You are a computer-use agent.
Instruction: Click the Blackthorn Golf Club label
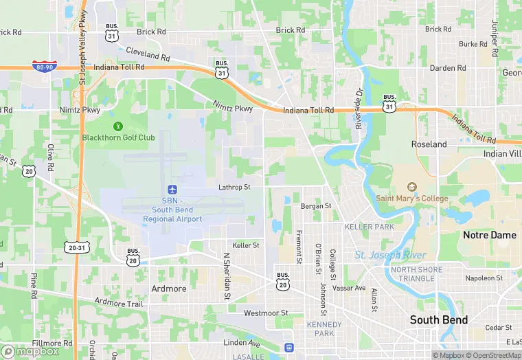pyautogui.click(x=118, y=137)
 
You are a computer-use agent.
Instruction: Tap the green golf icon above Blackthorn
pyautogui.click(x=118, y=126)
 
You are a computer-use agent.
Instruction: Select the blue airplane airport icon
pyautogui.click(x=172, y=189)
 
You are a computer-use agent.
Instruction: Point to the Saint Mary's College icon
pyautogui.click(x=412, y=187)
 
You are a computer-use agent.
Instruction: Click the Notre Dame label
pyautogui.click(x=490, y=235)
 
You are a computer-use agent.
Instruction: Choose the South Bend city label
pyautogui.click(x=439, y=319)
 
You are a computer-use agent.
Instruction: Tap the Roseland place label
pyautogui.click(x=429, y=144)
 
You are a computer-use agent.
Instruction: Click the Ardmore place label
pyautogui.click(x=169, y=289)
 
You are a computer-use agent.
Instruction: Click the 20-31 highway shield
pyautogui.click(x=77, y=247)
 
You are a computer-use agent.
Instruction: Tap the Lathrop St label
pyautogui.click(x=234, y=187)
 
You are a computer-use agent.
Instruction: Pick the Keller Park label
pyautogui.click(x=370, y=226)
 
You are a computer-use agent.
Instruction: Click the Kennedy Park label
pyautogui.click(x=324, y=328)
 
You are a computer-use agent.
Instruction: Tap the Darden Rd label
pyautogui.click(x=448, y=68)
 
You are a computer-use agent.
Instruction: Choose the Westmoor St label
pyautogui.click(x=266, y=313)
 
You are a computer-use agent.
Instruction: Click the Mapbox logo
pyautogui.click(x=31, y=351)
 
